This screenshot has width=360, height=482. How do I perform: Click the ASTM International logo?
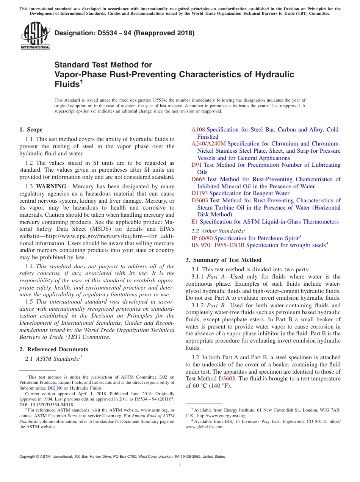(35, 36)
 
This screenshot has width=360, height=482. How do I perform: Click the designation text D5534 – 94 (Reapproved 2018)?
(124, 33)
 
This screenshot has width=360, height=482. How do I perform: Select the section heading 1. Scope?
(31, 130)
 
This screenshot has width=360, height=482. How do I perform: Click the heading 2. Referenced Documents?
(54, 349)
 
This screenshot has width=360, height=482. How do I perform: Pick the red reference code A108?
(198, 130)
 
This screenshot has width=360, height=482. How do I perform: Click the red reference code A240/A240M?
(208, 144)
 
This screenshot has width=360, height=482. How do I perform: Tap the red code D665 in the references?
(198, 179)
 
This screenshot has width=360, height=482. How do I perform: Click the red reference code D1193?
(199, 193)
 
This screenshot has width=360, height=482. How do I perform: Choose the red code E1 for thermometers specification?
(194, 222)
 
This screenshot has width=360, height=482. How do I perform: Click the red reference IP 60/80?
(202, 238)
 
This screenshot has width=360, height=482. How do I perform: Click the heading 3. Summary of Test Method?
(223, 260)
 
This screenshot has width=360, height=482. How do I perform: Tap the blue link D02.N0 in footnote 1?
(55, 388)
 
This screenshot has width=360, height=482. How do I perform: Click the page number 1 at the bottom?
(180, 466)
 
